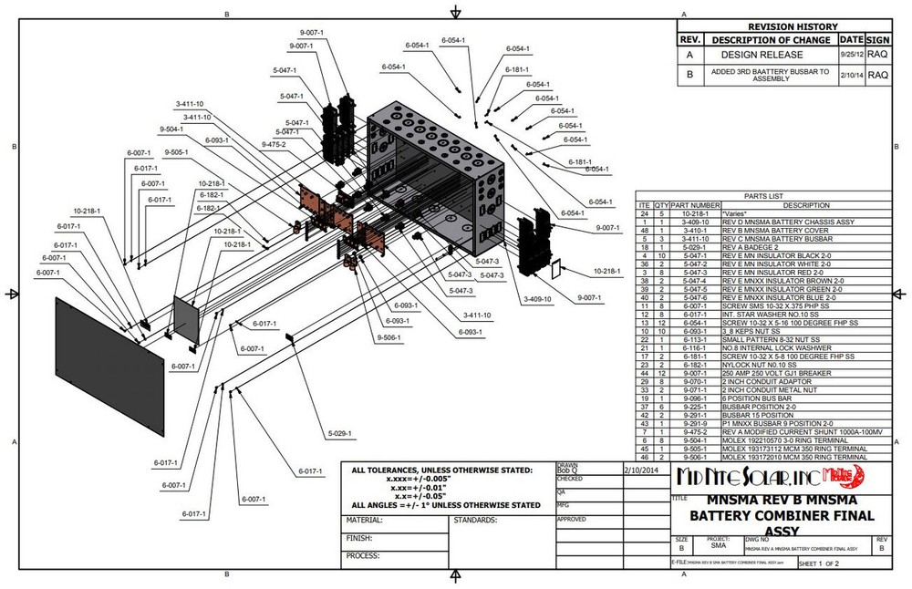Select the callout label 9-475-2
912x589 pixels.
[273, 144]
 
